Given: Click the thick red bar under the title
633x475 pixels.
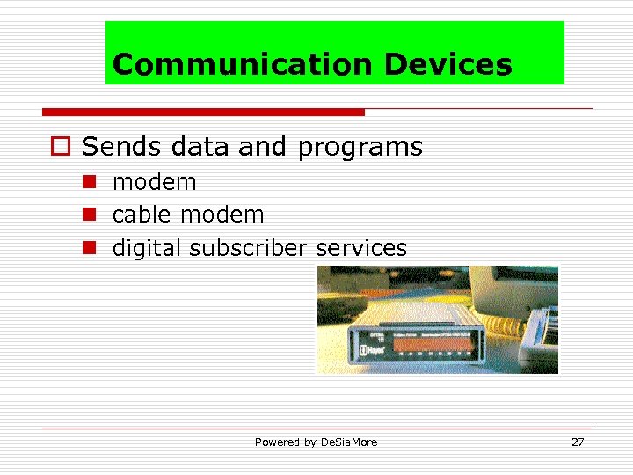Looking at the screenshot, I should click(x=203, y=113).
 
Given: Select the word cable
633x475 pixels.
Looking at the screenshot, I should click(x=142, y=215).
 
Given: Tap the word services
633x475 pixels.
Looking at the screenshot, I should click(x=361, y=248).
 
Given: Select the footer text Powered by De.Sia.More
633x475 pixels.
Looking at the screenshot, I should click(x=316, y=442).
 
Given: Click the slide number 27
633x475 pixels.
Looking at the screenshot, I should click(x=578, y=442).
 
